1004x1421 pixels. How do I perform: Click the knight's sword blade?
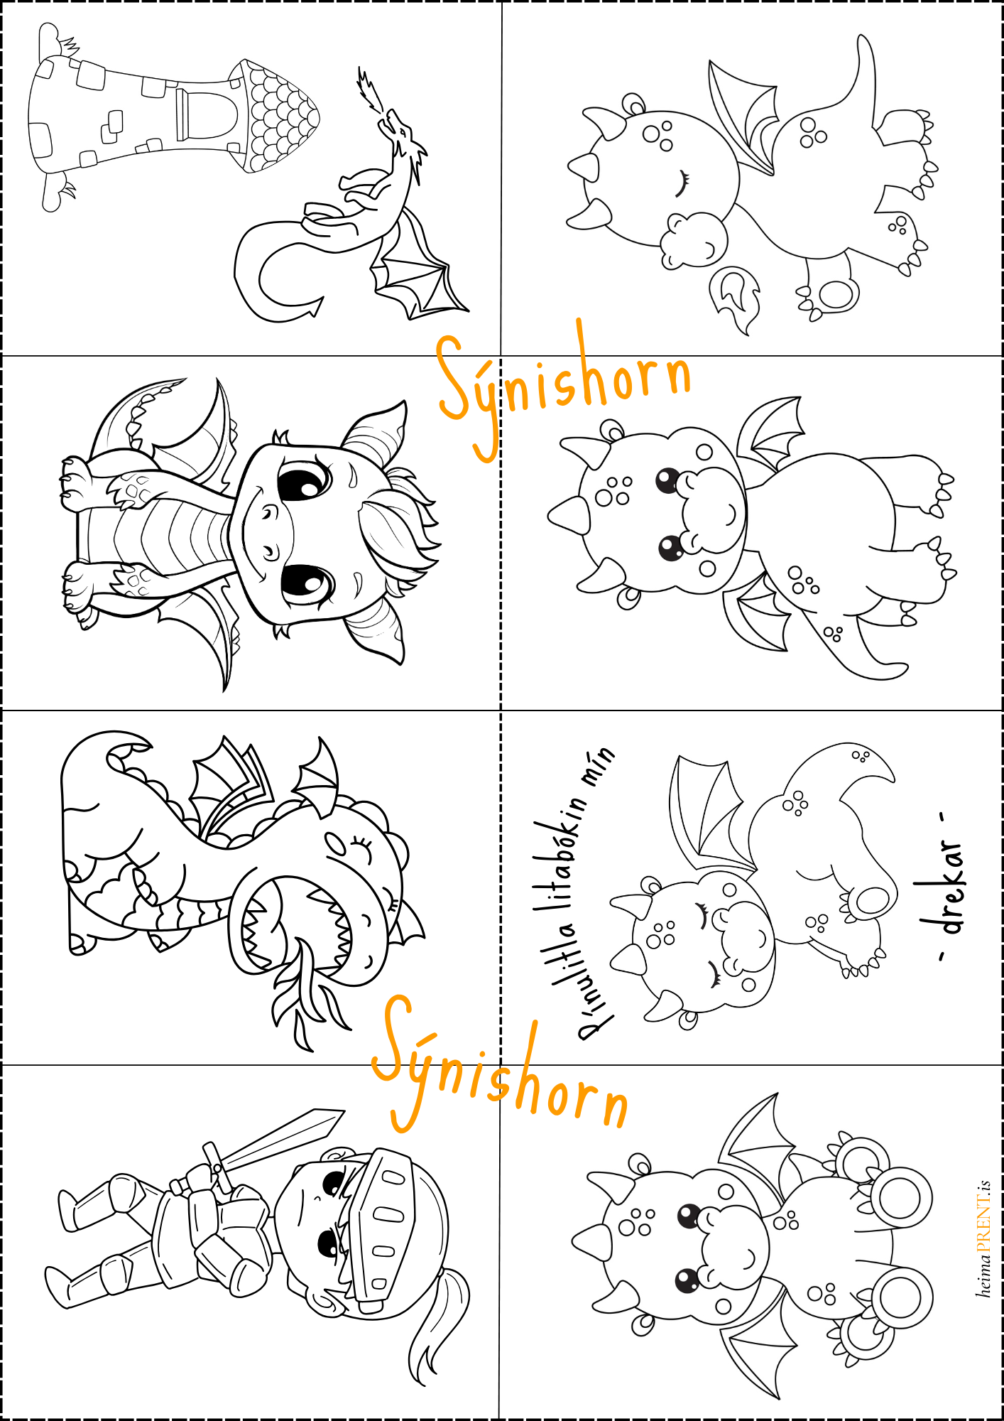click(x=284, y=1137)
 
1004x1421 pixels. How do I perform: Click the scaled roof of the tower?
click(x=277, y=116)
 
